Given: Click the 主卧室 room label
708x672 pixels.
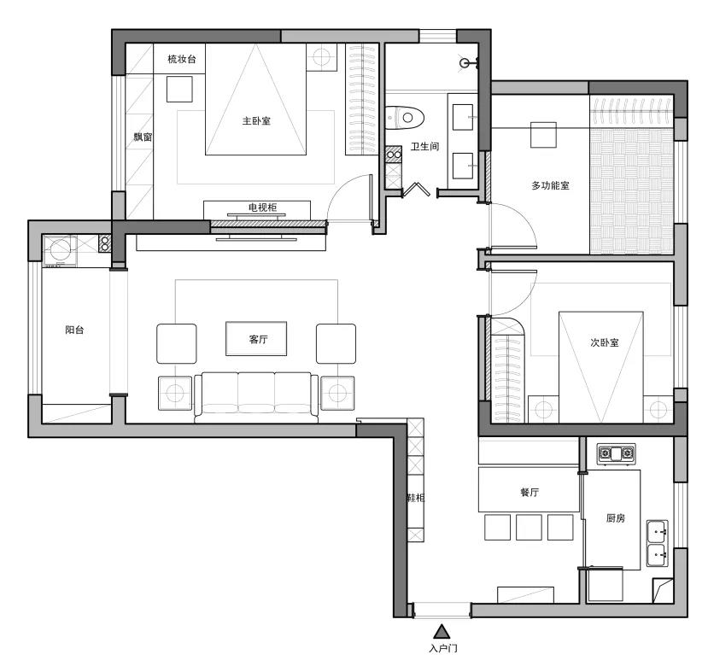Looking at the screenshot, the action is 256,120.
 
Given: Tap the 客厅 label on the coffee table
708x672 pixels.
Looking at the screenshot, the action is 258,339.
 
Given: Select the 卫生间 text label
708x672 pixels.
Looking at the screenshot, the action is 424,146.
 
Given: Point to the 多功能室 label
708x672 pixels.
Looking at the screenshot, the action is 550,185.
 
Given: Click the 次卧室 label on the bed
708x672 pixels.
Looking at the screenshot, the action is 604,342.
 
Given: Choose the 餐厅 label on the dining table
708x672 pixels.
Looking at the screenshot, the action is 530,492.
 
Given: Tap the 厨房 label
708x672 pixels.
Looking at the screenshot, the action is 616,518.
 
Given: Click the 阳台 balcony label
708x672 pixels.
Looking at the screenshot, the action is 74,330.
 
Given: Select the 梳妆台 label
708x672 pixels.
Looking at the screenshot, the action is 182,59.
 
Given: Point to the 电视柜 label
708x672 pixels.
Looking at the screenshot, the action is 262,207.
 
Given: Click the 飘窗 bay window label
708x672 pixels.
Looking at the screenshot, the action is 143,137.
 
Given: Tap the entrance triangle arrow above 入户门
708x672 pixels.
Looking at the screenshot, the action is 442,632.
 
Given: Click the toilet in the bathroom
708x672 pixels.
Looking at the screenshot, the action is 405,118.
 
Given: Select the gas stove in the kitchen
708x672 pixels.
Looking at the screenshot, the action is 617,453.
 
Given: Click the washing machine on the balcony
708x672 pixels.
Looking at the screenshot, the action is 60,249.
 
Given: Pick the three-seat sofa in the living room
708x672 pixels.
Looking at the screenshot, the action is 256,395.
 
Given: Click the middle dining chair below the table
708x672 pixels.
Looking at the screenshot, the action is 529,527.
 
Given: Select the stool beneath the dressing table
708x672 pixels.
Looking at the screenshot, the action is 179,89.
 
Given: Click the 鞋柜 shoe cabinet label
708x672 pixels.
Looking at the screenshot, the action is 416,497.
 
